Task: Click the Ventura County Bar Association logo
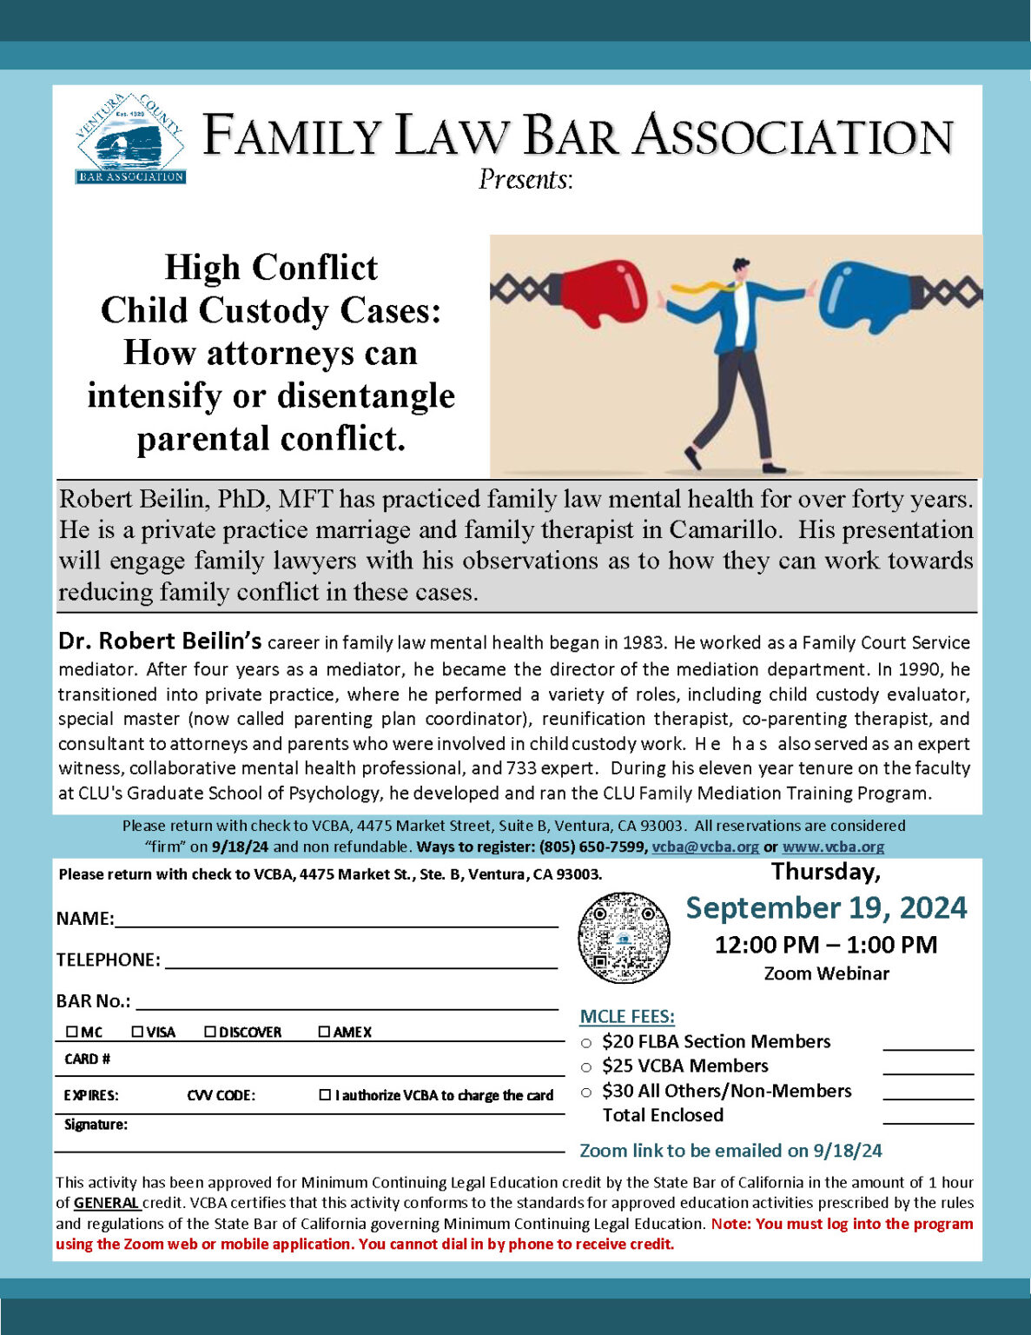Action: pos(130,139)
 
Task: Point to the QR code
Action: pos(624,938)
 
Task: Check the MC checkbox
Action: pos(72,1032)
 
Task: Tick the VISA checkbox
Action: pos(137,1032)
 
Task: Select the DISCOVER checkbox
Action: pos(210,1032)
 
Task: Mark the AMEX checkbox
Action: pos(324,1032)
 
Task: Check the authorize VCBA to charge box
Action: pos(325,1095)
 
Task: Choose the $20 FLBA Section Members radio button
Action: pos(586,1043)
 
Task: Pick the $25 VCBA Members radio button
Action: pos(586,1067)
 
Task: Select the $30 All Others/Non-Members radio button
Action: pos(586,1093)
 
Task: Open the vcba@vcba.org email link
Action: pos(705,847)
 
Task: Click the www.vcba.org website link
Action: pos(833,847)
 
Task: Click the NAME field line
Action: pos(336,920)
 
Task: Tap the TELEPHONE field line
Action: pos(360,960)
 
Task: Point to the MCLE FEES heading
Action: pos(627,1016)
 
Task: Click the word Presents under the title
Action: pos(525,179)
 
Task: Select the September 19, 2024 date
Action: pos(826,907)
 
